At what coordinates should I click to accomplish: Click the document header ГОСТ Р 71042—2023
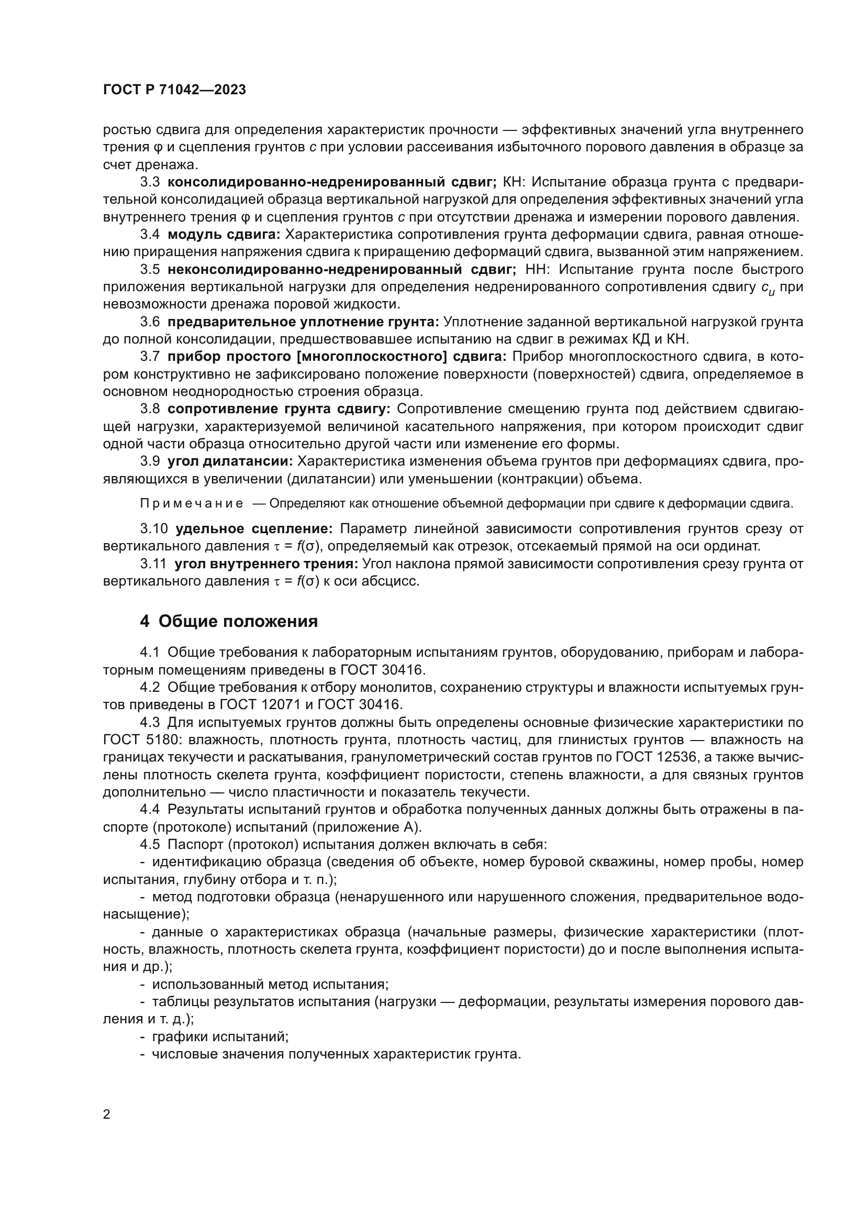pos(174,90)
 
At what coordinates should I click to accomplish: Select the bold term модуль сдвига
pos(224,234)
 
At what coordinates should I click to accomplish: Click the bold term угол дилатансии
pos(230,461)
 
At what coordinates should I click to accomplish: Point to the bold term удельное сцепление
pos(254,529)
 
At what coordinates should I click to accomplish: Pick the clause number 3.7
pos(150,357)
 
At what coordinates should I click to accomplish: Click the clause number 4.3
pos(150,722)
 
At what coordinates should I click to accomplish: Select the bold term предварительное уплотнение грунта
pos(303,322)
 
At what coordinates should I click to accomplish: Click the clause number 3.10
pos(153,529)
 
